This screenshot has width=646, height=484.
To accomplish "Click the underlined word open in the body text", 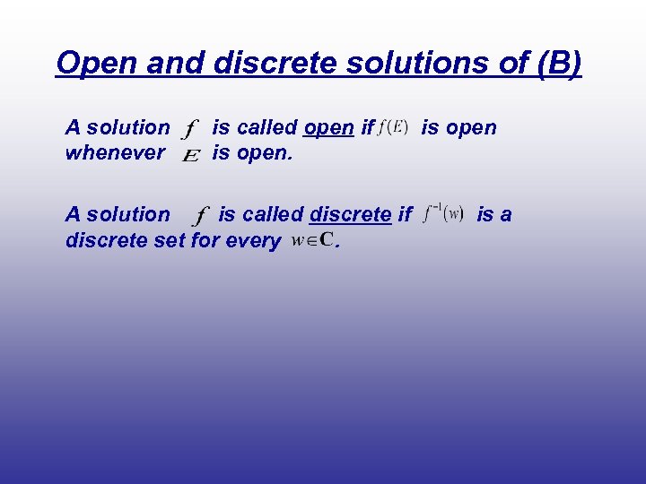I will coord(328,128).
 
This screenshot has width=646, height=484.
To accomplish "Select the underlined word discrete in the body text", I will coord(350,215).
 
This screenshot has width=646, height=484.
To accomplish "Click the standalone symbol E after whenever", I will coord(189,156).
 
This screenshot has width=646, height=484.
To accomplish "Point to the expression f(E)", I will coord(394,126).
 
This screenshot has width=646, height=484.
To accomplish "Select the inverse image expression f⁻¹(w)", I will coord(441,214).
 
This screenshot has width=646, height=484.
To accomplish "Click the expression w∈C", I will coord(312,240).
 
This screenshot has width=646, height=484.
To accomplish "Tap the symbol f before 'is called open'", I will coord(189,130).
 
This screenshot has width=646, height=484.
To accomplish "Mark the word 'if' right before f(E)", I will coord(366,128).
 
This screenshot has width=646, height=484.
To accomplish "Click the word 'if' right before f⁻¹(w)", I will coord(405,215).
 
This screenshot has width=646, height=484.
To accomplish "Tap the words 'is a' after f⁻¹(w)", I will coord(493,215).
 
